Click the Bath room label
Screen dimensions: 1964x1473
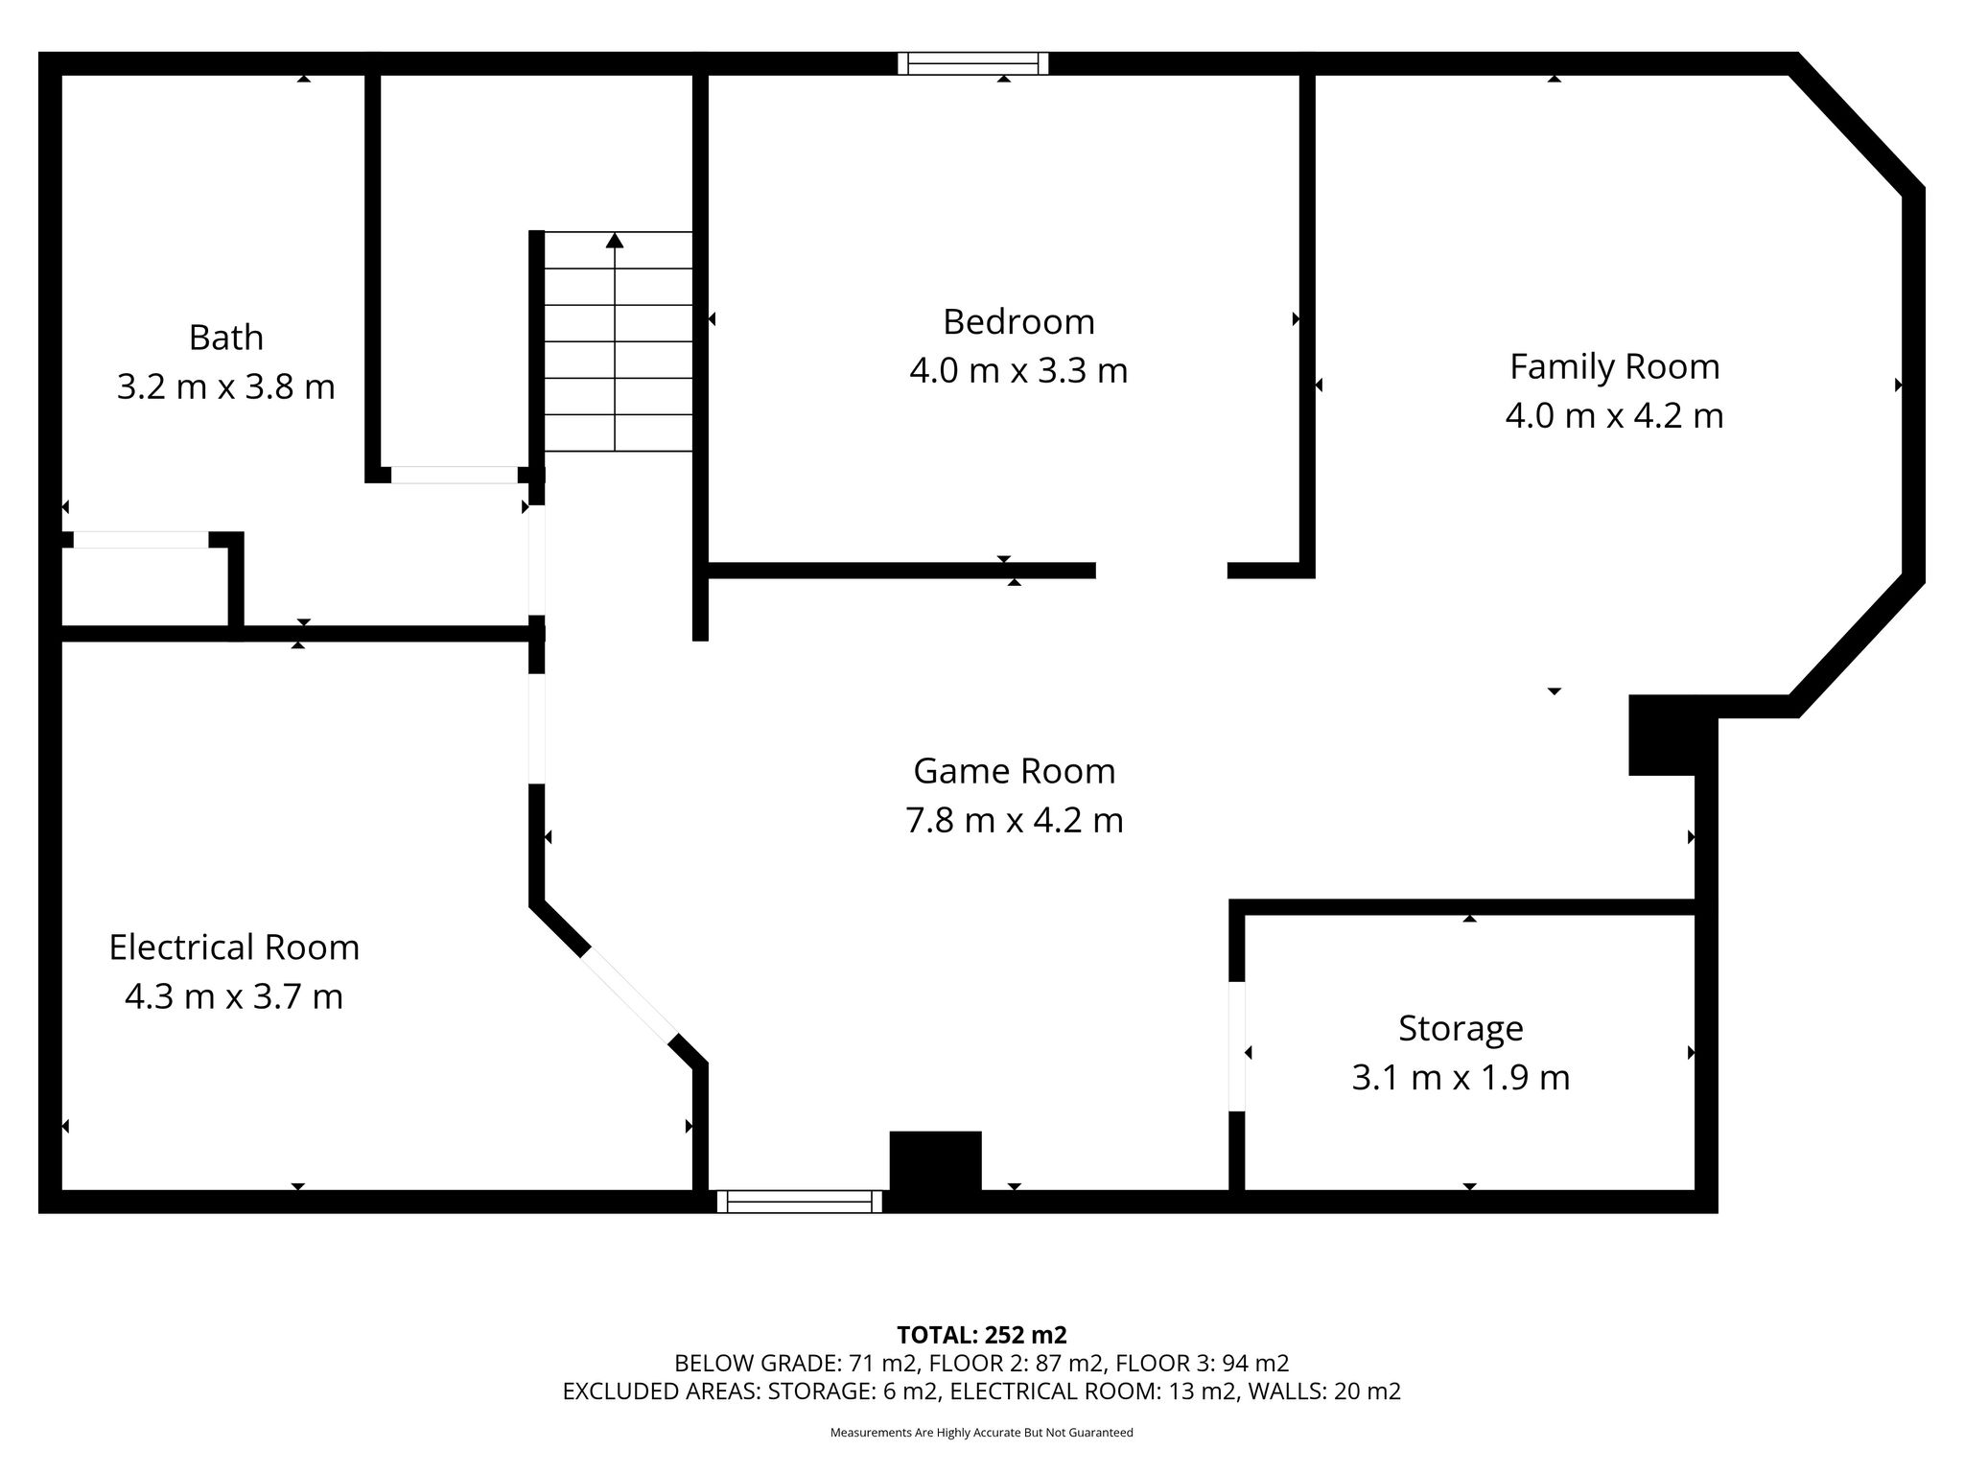coord(225,338)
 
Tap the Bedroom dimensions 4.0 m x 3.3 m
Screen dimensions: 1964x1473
coord(1018,370)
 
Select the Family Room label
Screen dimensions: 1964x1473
coord(1615,366)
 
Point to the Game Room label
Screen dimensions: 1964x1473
coord(1015,771)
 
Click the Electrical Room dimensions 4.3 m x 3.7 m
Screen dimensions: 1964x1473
coord(234,996)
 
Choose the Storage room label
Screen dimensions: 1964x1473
coord(1461,1028)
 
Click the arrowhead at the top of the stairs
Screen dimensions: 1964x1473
coord(615,240)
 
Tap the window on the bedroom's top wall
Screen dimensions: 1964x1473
coord(973,63)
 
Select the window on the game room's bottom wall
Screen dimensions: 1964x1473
coord(800,1202)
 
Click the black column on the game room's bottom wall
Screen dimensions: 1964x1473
coord(936,1162)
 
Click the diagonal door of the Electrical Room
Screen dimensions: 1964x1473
coord(630,996)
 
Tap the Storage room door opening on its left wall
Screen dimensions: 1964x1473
coord(1237,1046)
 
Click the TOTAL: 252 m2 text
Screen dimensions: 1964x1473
coord(982,1335)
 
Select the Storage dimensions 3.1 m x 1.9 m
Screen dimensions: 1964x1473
coord(1461,1077)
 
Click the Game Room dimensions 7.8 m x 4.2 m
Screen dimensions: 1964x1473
coord(1015,820)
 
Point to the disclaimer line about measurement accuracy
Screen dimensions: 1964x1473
coord(982,1433)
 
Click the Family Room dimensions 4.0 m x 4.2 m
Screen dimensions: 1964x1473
coord(1615,415)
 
